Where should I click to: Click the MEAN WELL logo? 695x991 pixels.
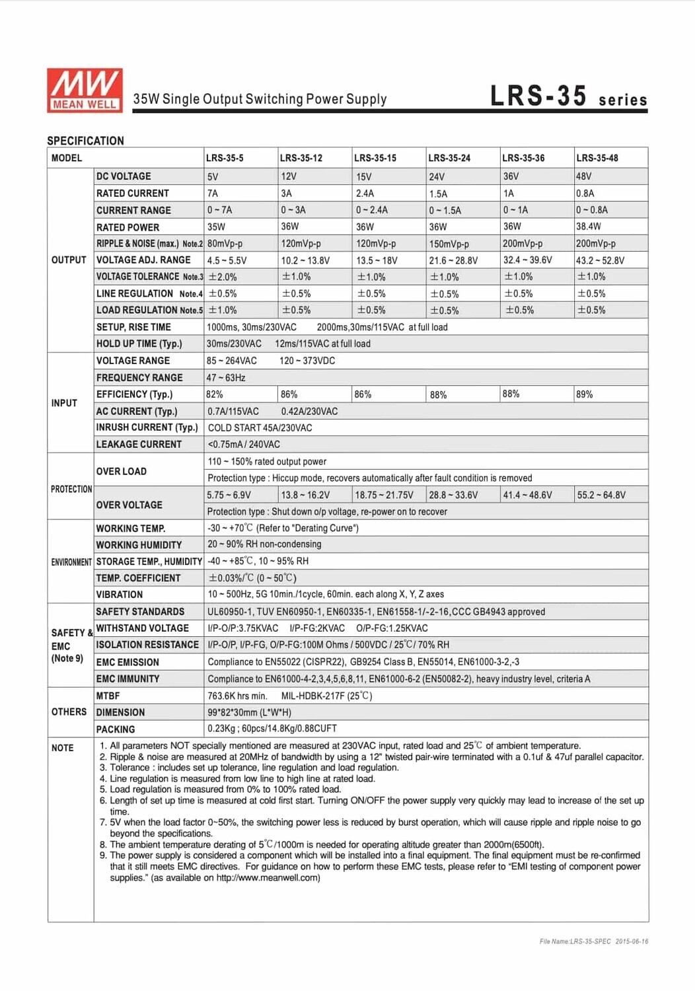pyautogui.click(x=85, y=90)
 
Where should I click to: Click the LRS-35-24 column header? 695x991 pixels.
pyautogui.click(x=449, y=158)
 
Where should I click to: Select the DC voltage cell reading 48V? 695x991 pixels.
pyautogui.click(x=584, y=176)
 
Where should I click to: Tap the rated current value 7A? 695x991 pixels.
pyautogui.click(x=213, y=194)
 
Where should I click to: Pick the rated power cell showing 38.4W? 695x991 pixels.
pyautogui.click(x=589, y=227)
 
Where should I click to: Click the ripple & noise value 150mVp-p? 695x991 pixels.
pyautogui.click(x=449, y=244)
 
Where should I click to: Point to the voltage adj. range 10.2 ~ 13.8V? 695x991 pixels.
pyautogui.click(x=305, y=260)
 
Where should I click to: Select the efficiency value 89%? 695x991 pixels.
pyautogui.click(x=585, y=394)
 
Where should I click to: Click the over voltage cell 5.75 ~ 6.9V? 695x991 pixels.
pyautogui.click(x=229, y=495)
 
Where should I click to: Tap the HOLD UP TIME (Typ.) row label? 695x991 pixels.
pyautogui.click(x=139, y=344)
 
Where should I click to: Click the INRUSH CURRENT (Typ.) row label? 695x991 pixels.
pyautogui.click(x=147, y=427)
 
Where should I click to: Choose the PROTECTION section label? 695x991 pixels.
pyautogui.click(x=71, y=489)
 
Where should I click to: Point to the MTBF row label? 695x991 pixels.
pyautogui.click(x=108, y=696)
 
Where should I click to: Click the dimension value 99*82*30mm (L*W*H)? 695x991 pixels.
pyautogui.click(x=250, y=712)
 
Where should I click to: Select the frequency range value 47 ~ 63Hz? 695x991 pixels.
pyautogui.click(x=226, y=378)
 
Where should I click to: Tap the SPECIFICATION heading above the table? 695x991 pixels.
pyautogui.click(x=86, y=141)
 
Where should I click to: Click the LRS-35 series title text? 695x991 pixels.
pyautogui.click(x=568, y=96)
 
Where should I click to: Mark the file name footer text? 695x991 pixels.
pyautogui.click(x=593, y=941)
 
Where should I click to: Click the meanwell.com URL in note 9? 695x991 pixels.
pyautogui.click(x=268, y=877)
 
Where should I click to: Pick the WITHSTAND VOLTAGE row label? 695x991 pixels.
pyautogui.click(x=143, y=628)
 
